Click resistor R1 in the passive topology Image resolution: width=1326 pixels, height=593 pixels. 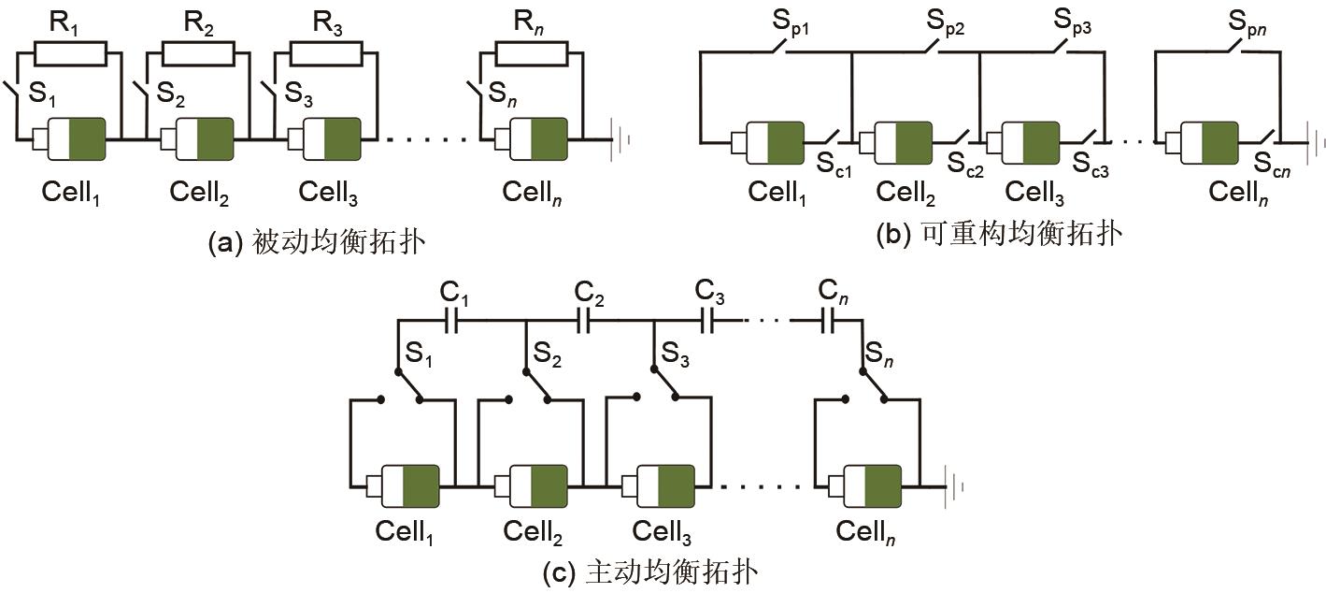68,53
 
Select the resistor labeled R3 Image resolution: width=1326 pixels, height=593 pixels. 325,53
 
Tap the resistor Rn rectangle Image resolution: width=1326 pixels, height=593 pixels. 530,53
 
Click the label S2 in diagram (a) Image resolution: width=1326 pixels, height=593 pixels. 170,93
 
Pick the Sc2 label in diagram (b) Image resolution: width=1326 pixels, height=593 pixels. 964,165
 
